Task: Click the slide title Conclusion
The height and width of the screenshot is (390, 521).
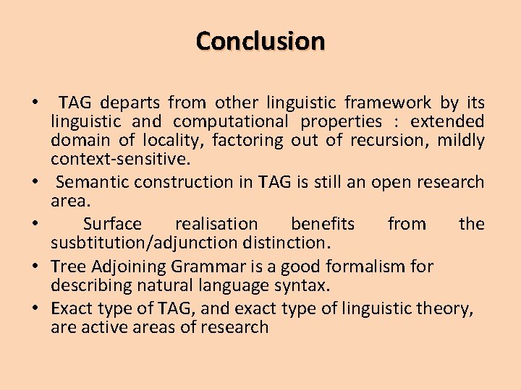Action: pyautogui.click(x=260, y=40)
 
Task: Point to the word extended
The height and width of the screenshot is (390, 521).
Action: pyautogui.click(x=449, y=121)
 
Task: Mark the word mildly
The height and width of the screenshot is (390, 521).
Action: pyautogui.click(x=461, y=140)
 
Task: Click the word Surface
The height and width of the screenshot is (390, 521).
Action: pyautogui.click(x=112, y=224)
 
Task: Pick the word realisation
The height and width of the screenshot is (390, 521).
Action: pyautogui.click(x=216, y=224)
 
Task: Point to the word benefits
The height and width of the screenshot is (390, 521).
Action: pyautogui.click(x=322, y=224)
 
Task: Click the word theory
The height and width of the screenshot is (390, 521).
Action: pyautogui.click(x=446, y=309)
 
